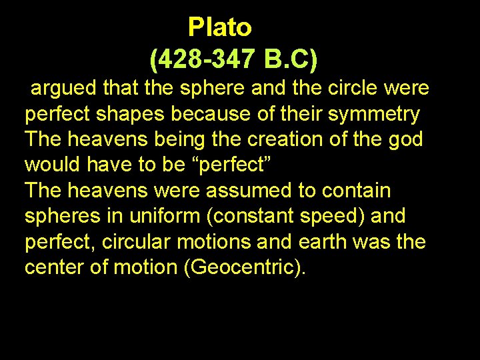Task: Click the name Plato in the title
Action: click(219, 27)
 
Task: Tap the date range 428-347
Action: click(207, 60)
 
